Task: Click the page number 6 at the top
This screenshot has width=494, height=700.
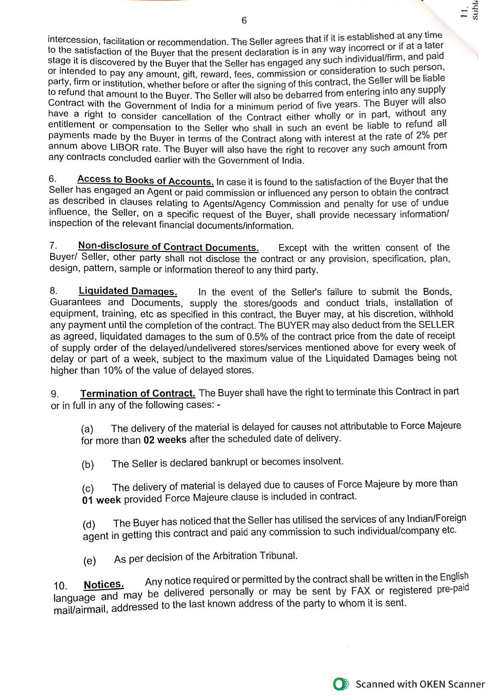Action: point(244,20)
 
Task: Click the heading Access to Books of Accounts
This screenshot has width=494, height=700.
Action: point(145,180)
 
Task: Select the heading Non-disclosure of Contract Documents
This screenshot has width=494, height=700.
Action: point(168,246)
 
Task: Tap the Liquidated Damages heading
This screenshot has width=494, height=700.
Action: point(128,291)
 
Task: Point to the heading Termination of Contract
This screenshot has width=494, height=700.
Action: point(137,394)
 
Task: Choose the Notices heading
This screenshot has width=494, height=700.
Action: point(104,585)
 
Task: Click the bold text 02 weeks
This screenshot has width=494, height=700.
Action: point(165,440)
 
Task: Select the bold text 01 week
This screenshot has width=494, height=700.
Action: point(102,500)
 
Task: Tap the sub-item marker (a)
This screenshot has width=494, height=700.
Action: point(87,430)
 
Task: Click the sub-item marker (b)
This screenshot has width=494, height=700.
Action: point(88,465)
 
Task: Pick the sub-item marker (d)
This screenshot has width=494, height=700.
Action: point(89,524)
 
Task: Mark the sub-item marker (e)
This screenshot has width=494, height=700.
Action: point(90,561)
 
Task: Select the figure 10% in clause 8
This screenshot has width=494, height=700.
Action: point(113,370)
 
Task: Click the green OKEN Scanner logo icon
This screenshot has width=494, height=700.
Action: point(340,684)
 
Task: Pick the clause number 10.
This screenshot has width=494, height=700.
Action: point(61,586)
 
